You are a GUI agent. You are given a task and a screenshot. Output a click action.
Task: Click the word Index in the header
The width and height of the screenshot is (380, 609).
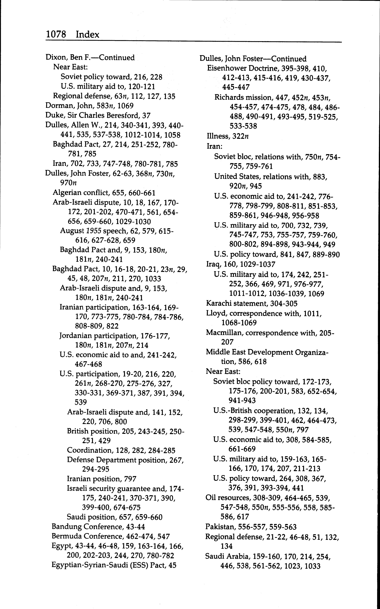87,34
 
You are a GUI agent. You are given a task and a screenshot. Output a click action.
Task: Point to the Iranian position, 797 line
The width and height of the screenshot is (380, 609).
102,479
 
